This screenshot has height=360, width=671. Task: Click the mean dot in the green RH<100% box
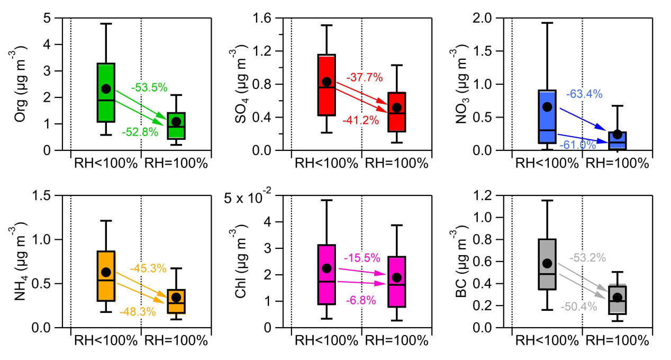[x=106, y=88]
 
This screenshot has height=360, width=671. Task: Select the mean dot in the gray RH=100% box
[x=617, y=297]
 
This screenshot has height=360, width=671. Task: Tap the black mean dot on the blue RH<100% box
[x=547, y=106]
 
